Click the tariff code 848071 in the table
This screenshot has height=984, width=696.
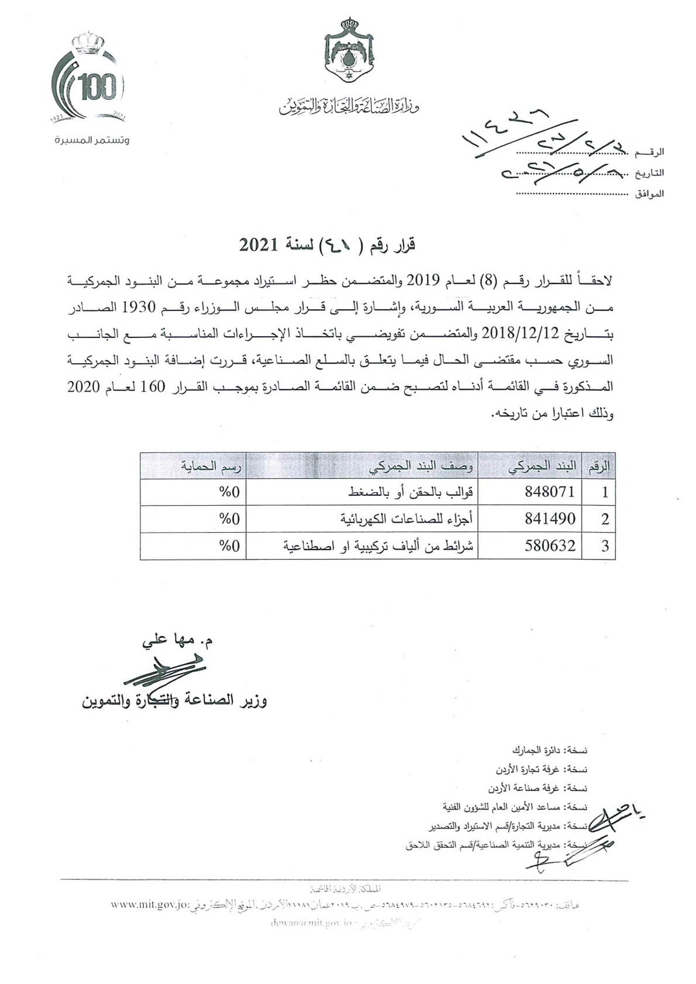tap(550, 492)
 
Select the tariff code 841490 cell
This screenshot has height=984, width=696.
tap(550, 519)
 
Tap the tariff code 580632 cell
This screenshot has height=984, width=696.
tap(550, 546)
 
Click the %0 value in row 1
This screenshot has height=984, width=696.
tap(230, 492)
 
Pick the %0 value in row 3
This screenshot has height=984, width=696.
tap(230, 546)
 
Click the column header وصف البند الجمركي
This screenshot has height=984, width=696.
tap(421, 466)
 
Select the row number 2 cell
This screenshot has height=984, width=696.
tap(605, 519)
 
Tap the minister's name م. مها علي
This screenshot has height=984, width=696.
tap(177, 640)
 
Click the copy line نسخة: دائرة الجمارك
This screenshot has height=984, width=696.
tap(550, 750)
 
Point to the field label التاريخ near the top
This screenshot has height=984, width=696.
tap(650, 173)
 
